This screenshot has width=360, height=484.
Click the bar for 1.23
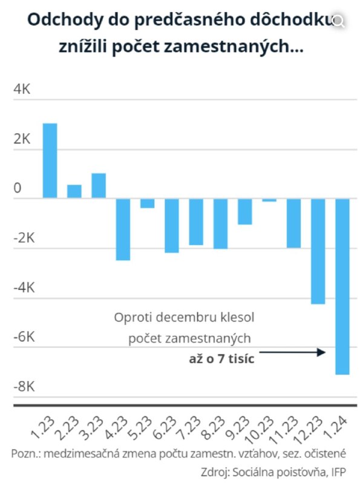(x=50, y=160)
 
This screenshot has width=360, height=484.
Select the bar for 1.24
(x=342, y=286)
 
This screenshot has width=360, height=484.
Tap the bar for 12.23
(x=318, y=251)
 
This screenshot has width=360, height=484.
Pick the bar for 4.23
(x=123, y=229)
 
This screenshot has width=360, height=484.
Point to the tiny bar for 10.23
(x=269, y=200)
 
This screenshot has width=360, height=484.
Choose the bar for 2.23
(x=74, y=191)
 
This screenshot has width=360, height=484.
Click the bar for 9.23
(x=245, y=211)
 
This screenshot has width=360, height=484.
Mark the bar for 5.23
(x=147, y=203)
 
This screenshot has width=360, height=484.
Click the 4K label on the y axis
(x=22, y=89)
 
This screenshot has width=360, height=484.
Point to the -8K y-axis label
(x=24, y=386)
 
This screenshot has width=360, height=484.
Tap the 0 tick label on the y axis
(x=18, y=188)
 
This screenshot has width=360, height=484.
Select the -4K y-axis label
(x=24, y=287)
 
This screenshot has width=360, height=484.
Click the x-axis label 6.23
(x=164, y=428)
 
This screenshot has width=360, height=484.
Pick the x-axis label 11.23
(x=285, y=430)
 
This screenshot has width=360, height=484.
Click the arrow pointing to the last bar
(x=292, y=352)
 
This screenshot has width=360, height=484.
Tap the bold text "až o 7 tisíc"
(x=221, y=359)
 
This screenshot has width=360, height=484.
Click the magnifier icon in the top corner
(x=338, y=21)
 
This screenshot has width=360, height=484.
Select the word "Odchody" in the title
(x=65, y=21)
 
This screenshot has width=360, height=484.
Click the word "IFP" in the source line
(x=339, y=472)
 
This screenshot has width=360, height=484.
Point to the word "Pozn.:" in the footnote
(x=26, y=454)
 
